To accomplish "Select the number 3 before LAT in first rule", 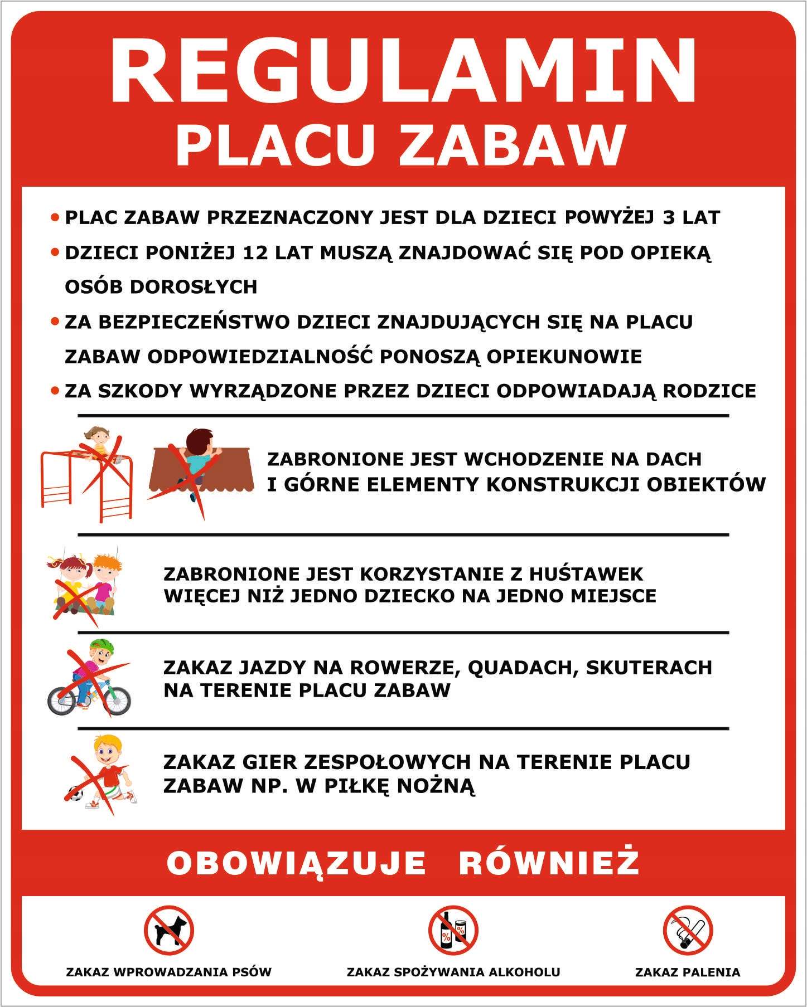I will [x=669, y=217].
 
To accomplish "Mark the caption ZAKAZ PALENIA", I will [x=688, y=972].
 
